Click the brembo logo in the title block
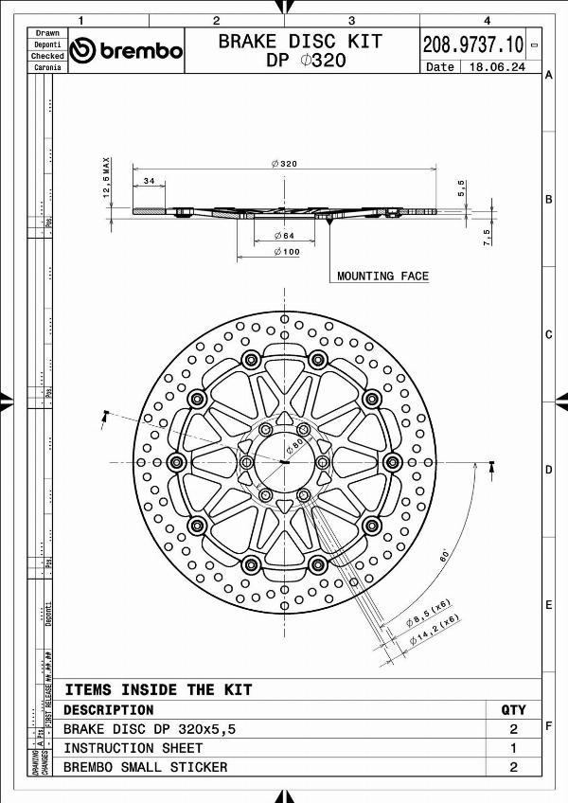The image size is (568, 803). coord(127,50)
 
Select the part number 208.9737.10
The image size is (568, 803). coord(472,44)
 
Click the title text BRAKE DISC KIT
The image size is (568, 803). coord(300,41)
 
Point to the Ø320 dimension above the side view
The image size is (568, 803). coord(284,164)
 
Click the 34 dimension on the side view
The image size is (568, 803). coord(149,180)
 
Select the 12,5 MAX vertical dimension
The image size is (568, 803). coord(108,178)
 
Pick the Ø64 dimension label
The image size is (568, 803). coord(285,235)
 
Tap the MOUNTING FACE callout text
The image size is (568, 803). coord(382,277)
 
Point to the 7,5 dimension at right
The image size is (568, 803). coord(488,234)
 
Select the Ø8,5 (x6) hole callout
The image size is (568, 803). coord(428,613)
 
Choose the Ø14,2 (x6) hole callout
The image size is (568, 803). coord(435,632)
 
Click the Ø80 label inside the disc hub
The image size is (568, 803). coord(295,444)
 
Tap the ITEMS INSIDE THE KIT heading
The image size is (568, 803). coord(158,689)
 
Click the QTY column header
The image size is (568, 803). coord(512,709)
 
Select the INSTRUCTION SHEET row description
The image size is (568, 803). coord(133,748)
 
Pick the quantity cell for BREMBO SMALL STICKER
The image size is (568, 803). coord(512,767)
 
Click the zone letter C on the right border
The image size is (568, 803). coord(548,334)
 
